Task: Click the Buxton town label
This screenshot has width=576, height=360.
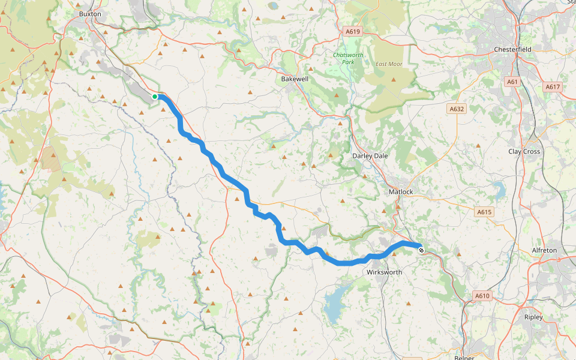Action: (90, 13)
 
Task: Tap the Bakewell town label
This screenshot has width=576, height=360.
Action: (295, 79)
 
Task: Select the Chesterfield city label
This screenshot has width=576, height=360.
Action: (514, 49)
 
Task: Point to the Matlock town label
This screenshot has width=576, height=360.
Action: (401, 191)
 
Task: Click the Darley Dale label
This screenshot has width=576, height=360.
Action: (370, 155)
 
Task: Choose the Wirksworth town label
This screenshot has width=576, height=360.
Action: (384, 272)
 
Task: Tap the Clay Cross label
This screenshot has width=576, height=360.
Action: (524, 151)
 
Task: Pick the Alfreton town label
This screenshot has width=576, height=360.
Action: (544, 250)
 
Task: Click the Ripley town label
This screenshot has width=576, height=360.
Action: (533, 317)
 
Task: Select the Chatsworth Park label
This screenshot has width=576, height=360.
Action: (344, 58)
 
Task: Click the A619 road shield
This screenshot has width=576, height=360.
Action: (352, 31)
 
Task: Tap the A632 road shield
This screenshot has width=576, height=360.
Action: (457, 109)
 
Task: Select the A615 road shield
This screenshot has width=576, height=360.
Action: (484, 212)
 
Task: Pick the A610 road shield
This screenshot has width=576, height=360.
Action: (482, 296)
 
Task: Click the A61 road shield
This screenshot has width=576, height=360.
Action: (512, 82)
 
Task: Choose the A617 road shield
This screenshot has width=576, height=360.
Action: (552, 87)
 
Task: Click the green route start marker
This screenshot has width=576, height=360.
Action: (155, 97)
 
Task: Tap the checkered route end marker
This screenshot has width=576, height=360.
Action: (421, 250)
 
